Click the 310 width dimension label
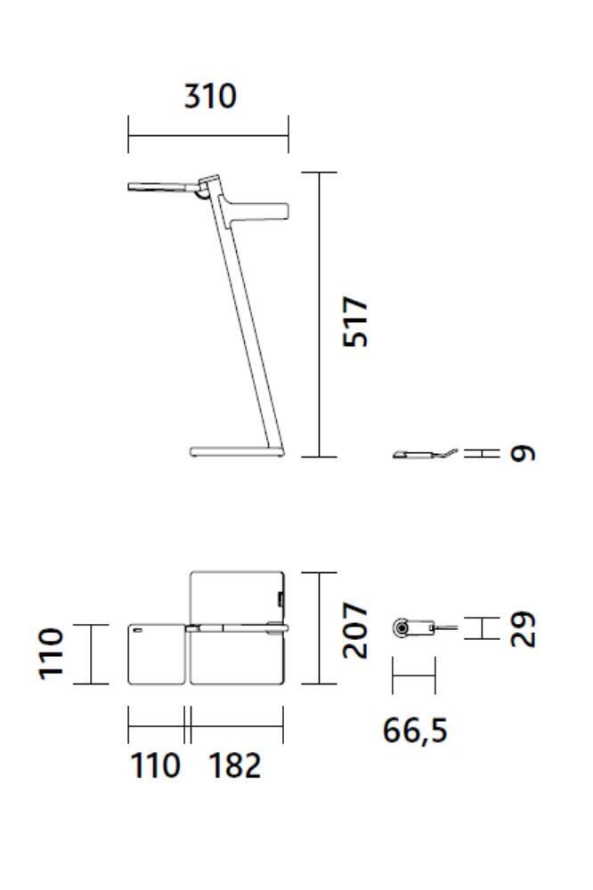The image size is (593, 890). (210, 96)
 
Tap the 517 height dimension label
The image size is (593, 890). (356, 321)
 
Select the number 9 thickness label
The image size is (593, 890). (524, 453)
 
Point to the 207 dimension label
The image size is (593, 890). (356, 631)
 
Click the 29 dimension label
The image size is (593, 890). (524, 629)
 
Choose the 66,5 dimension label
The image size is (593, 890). (415, 731)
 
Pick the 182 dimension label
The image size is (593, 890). (235, 765)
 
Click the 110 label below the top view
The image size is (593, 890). (156, 765)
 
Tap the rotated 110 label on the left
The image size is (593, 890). (51, 654)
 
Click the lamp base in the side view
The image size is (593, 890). (236, 452)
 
